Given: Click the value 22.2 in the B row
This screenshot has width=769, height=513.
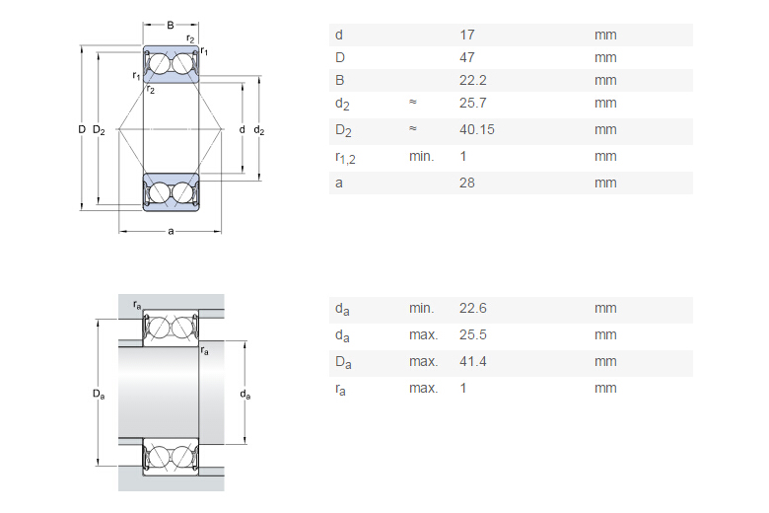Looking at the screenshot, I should [472, 81].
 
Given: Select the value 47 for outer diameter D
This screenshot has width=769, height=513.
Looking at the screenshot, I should [467, 58].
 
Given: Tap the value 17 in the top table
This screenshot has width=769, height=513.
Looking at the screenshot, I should [467, 35].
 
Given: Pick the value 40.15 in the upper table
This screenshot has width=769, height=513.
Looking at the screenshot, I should [477, 129].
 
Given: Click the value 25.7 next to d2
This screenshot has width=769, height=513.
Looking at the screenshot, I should [472, 104].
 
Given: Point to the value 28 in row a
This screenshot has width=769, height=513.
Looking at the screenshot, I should [467, 183].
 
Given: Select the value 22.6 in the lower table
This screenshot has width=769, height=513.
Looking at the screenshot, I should [472, 309].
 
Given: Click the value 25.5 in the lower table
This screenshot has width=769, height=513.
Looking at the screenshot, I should [472, 335].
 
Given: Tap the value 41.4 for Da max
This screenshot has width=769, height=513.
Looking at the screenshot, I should [472, 362].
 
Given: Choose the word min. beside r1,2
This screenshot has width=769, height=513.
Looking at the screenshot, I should [421, 156].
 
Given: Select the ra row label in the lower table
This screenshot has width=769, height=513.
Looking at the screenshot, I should [341, 390].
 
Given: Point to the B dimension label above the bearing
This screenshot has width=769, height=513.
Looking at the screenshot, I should [171, 25].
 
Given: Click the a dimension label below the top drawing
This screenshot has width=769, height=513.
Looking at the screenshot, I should [171, 232].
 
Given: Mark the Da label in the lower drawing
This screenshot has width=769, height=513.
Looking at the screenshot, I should [98, 395].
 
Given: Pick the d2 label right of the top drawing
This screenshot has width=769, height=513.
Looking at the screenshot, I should [259, 129].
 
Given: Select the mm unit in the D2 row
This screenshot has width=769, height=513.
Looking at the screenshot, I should [605, 129].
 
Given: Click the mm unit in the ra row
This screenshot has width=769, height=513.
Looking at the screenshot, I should [605, 389].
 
